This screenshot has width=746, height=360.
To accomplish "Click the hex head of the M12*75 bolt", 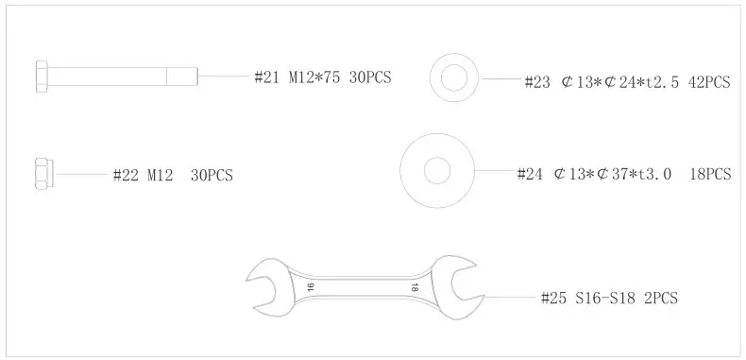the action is click(42, 77).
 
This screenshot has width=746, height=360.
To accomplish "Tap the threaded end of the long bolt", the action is click(182, 77).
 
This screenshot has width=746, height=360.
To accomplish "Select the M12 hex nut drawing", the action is click(44, 174).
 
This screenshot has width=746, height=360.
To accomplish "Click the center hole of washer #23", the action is click(454, 77).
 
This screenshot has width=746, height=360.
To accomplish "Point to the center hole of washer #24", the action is click(437, 170).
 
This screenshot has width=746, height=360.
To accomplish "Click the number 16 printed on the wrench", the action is click(310, 286).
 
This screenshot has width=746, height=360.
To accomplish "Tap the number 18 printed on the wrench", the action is click(415, 287).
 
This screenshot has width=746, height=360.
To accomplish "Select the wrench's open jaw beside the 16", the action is click(263, 286).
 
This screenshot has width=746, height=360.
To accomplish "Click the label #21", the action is click(266, 77).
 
